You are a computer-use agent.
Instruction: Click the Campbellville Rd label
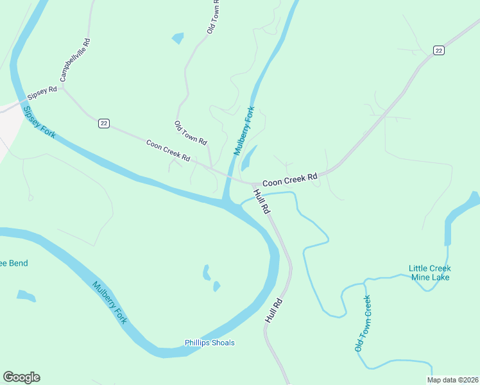pyautogui.click(x=75, y=60)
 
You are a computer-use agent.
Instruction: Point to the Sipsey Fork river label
pyautogui.click(x=40, y=121)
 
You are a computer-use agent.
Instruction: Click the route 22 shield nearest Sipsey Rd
pyautogui.click(x=103, y=123)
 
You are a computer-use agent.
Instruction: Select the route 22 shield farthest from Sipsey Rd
pyautogui.click(x=439, y=51)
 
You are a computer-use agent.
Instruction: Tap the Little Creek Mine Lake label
pyautogui.click(x=429, y=273)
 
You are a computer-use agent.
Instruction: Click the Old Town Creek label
pyautogui.click(x=363, y=323)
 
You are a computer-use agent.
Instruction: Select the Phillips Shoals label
pyautogui.click(x=210, y=343)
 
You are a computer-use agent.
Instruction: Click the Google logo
pyautogui.click(x=21, y=377)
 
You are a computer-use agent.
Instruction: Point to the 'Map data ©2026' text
pyautogui.click(x=452, y=380)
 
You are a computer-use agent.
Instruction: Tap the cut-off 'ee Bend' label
pyautogui.click(x=13, y=263)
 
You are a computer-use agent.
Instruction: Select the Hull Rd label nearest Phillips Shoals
pyautogui.click(x=273, y=310)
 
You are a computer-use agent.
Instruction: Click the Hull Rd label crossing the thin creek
pyautogui.click(x=262, y=201)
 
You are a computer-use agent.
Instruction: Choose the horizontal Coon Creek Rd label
pyautogui.click(x=289, y=178)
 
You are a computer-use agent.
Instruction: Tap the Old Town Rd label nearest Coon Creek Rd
pyautogui.click(x=191, y=132)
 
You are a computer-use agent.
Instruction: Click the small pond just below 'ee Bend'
pyautogui.click(x=26, y=296)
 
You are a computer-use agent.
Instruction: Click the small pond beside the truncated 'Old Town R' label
pyautogui.click(x=178, y=38)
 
